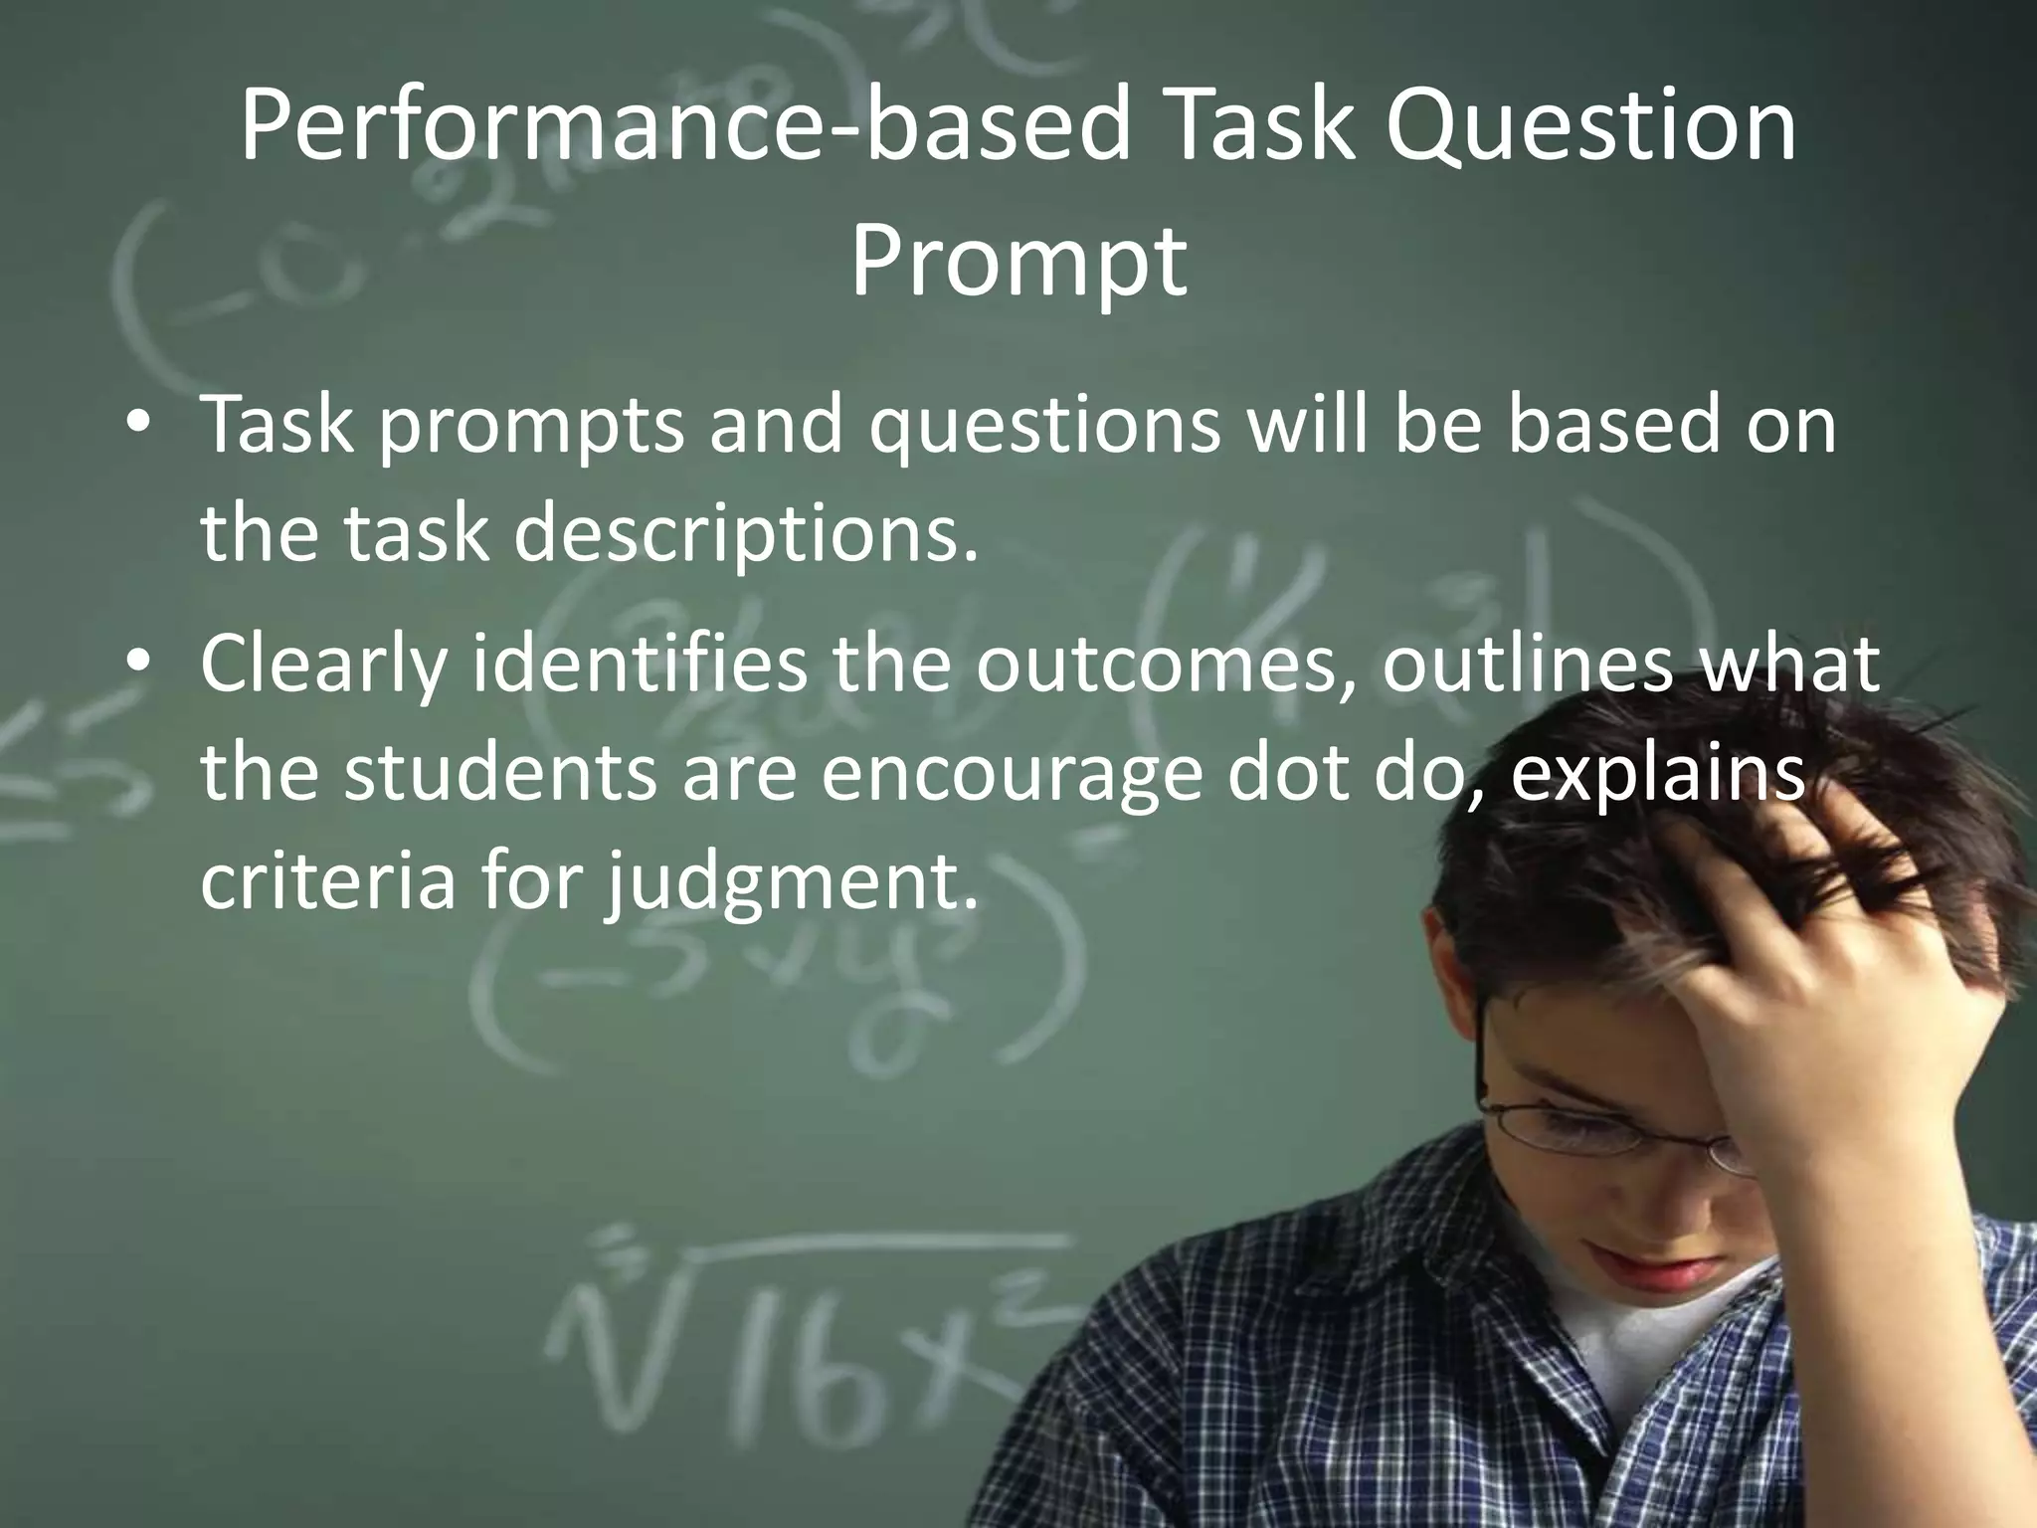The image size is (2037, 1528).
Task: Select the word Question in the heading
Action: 1591,126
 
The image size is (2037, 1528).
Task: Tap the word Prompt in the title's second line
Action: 1018,261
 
